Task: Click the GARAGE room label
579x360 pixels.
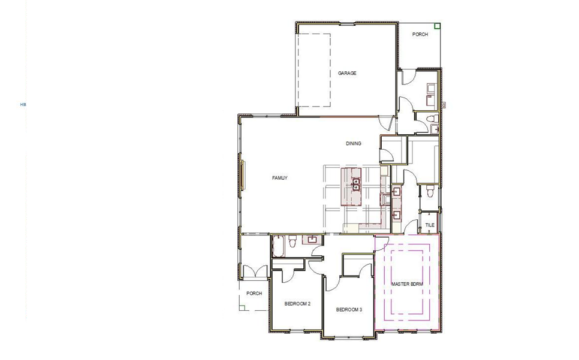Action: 347,73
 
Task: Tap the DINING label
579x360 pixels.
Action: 354,143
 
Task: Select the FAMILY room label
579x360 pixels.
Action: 280,178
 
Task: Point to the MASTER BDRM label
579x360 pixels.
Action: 408,283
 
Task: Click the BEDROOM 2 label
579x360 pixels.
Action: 297,304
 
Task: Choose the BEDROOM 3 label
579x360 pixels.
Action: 349,310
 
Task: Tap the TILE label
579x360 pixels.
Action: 430,225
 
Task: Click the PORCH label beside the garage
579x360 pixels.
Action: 420,35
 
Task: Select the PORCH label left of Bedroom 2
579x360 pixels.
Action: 254,294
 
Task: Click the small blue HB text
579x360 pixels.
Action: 23,104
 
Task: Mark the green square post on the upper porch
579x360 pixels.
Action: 438,26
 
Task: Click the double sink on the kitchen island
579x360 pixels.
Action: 355,184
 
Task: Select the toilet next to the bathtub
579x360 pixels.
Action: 292,242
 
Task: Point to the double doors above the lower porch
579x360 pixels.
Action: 254,271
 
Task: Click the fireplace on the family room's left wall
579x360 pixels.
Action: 243,174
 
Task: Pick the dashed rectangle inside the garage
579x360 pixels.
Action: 314,69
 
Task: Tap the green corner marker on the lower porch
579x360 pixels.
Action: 242,308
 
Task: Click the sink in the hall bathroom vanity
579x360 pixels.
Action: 312,240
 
